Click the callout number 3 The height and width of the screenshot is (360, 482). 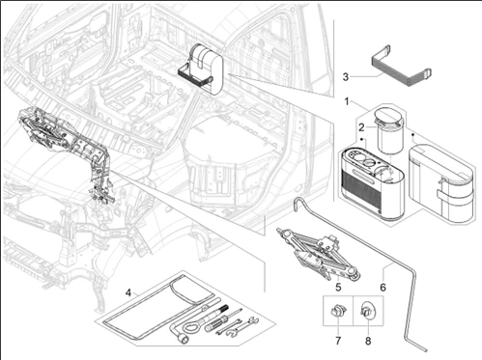pos(346,77)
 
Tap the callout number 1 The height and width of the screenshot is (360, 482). pos(347,101)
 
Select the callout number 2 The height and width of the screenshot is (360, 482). pos(361,127)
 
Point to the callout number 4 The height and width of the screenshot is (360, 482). pos(128,292)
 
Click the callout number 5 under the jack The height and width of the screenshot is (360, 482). pos(338,287)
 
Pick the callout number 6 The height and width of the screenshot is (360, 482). pos(383,287)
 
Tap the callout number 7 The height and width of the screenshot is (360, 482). pos(338,341)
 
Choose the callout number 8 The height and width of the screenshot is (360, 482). pos(368,341)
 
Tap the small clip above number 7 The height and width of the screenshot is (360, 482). pos(338,312)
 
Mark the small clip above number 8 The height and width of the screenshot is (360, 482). pos(368,311)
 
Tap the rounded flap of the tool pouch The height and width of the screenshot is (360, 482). pos(192,291)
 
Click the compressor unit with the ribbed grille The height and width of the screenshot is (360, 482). pos(372,182)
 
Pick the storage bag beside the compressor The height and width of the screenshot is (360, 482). pos(441,183)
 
